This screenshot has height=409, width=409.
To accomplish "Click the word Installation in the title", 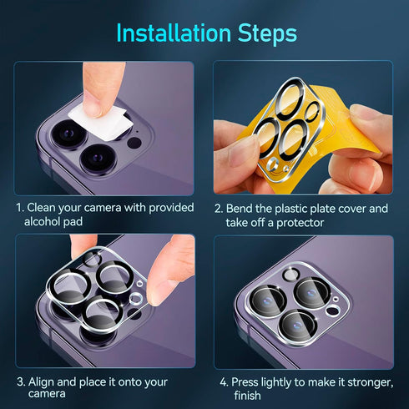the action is point(174,33).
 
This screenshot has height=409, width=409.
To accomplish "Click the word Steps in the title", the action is point(267,34).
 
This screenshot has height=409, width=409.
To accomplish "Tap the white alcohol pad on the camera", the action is point(101,122).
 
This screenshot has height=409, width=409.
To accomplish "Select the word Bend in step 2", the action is point(239,209).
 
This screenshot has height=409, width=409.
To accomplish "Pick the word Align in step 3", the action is point(41,382).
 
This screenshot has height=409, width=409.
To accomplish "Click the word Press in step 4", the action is point(245,382).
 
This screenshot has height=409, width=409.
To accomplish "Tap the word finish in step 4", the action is point(248,396).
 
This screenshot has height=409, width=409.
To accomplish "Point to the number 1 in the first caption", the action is point(19,208).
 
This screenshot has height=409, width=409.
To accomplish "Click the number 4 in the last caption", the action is point(224,382).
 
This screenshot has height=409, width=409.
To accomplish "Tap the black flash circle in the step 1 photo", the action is point(134,143).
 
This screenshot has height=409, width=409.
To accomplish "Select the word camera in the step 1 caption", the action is point(103,208).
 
